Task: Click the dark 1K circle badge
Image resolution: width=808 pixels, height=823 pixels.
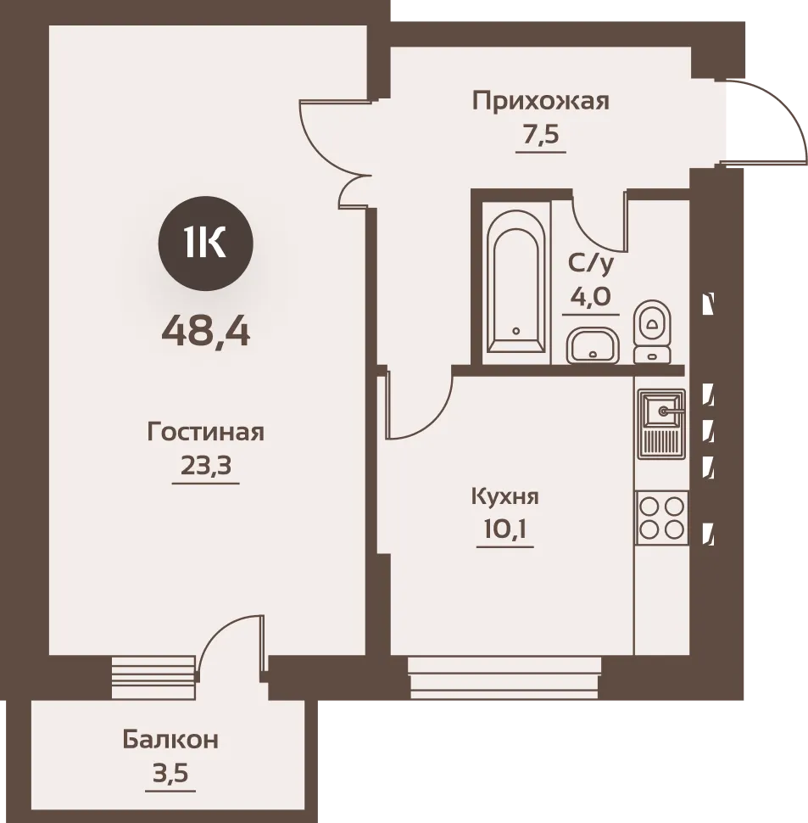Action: (205, 244)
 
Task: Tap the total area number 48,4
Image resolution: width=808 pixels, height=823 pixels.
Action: (205, 333)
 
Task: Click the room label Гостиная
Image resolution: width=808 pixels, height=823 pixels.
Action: (205, 433)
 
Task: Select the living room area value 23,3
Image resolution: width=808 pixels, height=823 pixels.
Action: (206, 464)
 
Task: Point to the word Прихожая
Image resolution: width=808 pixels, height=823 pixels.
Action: (541, 101)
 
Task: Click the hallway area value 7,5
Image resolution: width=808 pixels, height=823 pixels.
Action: (541, 134)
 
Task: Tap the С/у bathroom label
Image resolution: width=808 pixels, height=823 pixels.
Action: (590, 264)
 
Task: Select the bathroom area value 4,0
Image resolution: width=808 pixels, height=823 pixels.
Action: (590, 297)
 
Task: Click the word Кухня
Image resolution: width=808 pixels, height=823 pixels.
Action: (505, 496)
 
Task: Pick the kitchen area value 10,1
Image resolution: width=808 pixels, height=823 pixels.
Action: (505, 529)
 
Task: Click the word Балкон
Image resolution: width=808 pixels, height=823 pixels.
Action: (170, 740)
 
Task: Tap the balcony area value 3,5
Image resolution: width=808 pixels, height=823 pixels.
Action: (170, 773)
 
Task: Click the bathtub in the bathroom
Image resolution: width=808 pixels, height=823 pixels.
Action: (515, 282)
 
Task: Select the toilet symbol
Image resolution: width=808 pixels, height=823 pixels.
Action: (652, 332)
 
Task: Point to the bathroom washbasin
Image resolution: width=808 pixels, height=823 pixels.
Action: (593, 345)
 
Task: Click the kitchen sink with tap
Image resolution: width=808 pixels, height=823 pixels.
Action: (661, 423)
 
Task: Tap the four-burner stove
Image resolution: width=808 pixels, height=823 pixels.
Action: (661, 518)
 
